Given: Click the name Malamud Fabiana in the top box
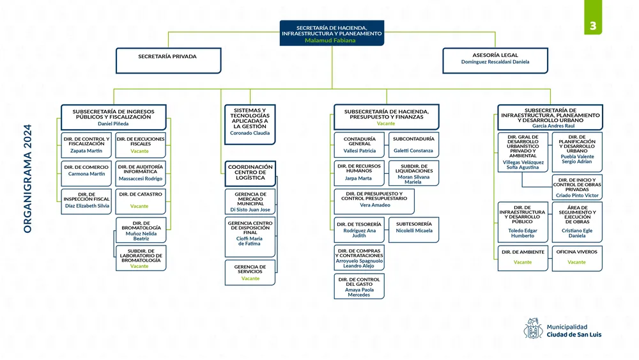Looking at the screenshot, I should point(331,40).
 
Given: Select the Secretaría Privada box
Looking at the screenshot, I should point(168,60).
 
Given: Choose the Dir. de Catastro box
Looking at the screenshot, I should point(141,200).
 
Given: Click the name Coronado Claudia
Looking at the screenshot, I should point(250,133).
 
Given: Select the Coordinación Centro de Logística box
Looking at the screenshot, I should point(250,173).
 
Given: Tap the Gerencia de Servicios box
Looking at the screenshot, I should point(250,272).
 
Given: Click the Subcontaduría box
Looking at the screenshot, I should point(413,145).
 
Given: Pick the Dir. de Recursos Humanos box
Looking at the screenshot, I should point(358,173).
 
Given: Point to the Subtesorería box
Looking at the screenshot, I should point(413,229).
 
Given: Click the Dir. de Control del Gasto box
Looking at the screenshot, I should point(358,286).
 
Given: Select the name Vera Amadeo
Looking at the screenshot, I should point(374,205).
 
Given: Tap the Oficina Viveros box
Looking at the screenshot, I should point(576,257).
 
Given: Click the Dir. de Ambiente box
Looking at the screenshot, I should point(523,257).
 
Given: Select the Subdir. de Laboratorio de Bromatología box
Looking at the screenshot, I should point(141,258).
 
